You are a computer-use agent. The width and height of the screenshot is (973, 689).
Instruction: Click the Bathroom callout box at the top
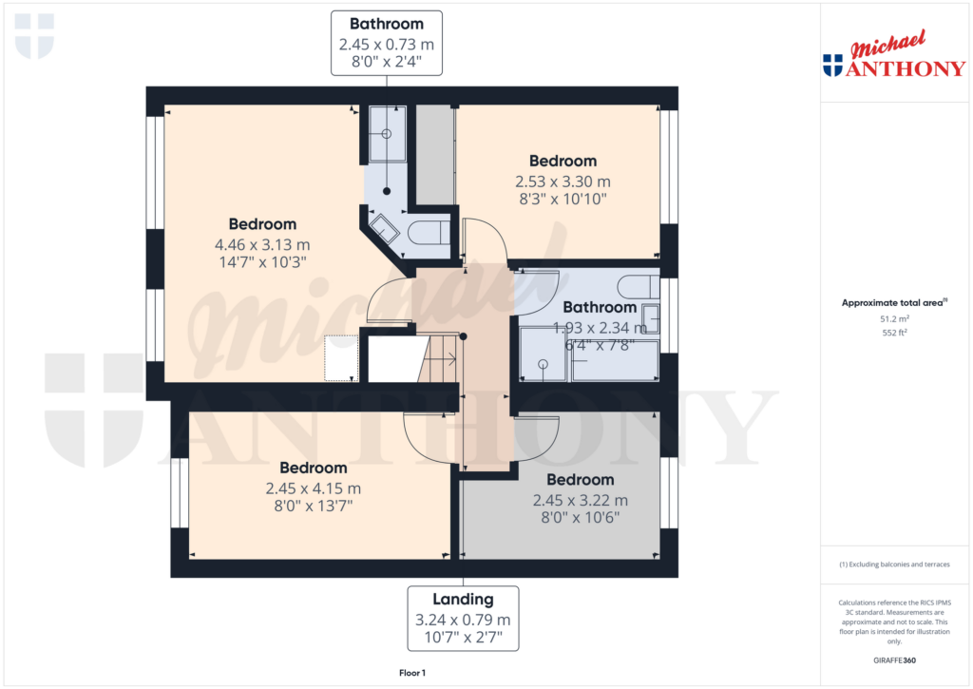387,43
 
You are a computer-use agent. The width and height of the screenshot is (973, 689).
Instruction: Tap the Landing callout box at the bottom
464,618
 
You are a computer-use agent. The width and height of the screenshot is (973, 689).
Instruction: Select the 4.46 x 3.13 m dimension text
262,243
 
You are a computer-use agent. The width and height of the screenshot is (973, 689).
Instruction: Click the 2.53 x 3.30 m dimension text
563,181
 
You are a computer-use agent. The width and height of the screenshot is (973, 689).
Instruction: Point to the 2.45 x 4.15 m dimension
313,488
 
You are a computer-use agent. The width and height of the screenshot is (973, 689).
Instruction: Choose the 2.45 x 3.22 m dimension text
580,500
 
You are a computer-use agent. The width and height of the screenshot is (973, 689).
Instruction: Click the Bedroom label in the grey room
580,480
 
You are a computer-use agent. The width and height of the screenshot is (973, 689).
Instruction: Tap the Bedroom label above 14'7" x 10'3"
262,224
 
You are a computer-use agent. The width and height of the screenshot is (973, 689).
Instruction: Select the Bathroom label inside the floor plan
600,307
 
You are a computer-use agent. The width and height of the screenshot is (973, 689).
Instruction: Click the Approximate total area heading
894,303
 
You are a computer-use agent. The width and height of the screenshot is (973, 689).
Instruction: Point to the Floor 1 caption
412,673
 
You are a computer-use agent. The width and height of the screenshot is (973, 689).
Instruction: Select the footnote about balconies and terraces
894,565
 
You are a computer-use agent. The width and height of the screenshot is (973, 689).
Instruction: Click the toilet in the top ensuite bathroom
431,231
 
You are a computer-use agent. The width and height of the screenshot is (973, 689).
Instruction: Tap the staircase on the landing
441,359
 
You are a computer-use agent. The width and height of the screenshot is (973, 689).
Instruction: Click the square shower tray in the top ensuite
388,132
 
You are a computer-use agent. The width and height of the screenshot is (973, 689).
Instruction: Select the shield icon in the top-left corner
35,36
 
